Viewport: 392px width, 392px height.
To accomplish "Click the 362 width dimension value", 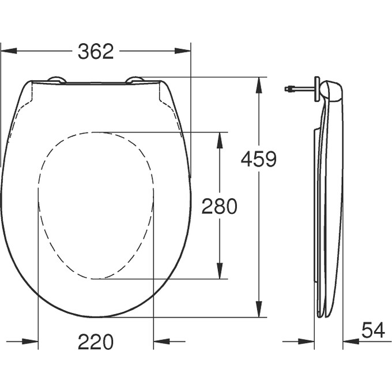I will tap(96, 51).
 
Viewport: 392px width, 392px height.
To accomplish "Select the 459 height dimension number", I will tap(259, 159).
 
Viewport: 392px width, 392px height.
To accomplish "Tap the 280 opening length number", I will tap(219, 206).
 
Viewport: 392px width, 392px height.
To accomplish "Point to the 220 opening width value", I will tap(96, 342).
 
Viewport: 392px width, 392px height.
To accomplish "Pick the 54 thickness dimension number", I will tap(374, 330).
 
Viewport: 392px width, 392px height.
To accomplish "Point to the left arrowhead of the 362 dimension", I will tap(7, 51).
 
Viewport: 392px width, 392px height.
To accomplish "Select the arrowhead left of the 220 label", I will tap(31, 341).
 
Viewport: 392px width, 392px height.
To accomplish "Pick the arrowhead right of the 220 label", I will tap(161, 341).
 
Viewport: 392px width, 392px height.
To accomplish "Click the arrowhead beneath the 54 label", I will tap(350, 341).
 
